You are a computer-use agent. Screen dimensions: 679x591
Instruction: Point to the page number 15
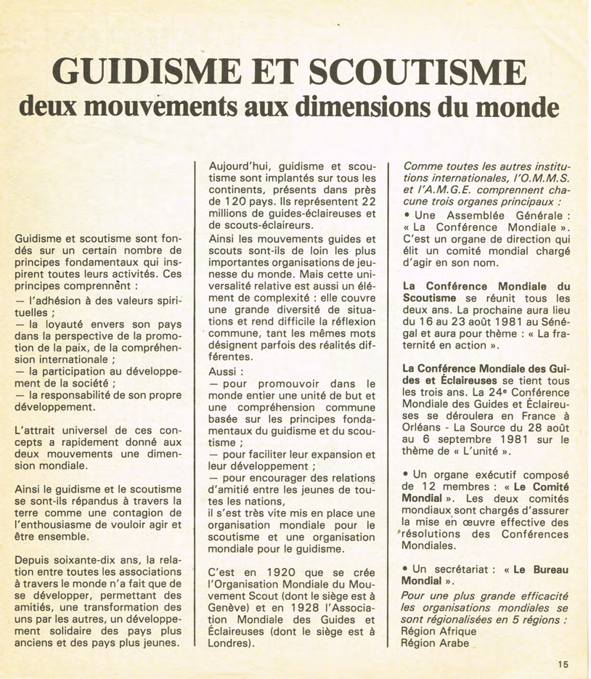pos(564,663)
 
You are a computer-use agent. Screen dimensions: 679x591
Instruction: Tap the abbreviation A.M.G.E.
pos(444,191)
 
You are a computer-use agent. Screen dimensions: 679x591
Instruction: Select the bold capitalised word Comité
pos(546,486)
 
